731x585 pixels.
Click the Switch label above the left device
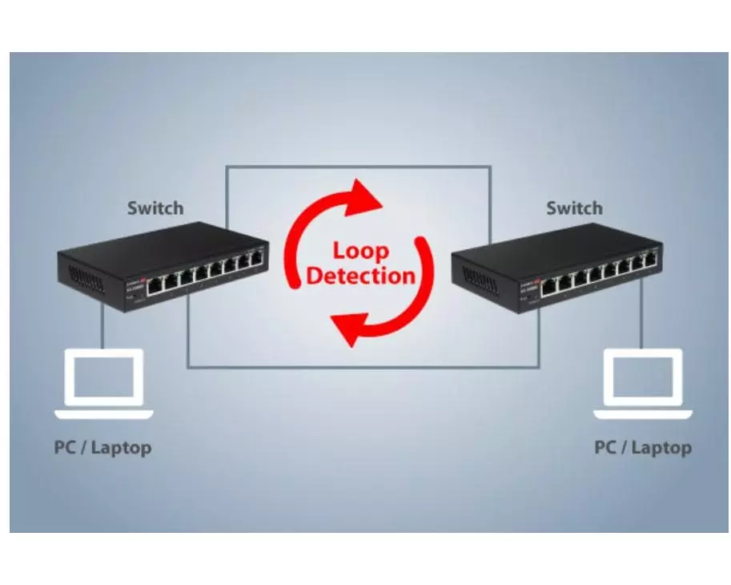(x=155, y=208)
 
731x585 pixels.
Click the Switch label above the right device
(x=574, y=208)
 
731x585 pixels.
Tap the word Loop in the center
(x=360, y=251)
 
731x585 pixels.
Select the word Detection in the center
(x=361, y=276)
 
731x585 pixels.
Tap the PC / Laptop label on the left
(x=102, y=447)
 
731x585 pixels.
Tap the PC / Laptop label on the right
(x=643, y=447)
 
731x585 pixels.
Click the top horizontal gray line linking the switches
(x=358, y=167)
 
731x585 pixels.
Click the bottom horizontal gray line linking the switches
(x=360, y=367)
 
